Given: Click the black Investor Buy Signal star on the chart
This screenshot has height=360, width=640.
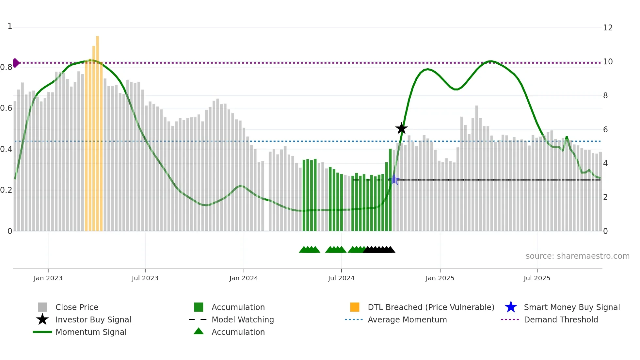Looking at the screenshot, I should click(x=401, y=128).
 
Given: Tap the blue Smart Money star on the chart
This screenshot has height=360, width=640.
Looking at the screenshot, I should click(x=394, y=180).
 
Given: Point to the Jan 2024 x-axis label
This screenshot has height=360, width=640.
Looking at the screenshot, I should click(x=244, y=278).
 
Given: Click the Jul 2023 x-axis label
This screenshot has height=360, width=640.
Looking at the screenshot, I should click(x=145, y=278).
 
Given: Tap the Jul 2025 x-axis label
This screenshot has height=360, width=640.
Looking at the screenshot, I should click(x=537, y=278).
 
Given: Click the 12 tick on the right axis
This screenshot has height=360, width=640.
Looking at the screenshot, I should click(x=608, y=28).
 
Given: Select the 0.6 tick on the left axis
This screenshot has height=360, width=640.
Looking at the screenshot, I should click(x=6, y=108).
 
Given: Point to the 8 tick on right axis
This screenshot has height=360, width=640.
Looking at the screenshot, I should click(x=605, y=96).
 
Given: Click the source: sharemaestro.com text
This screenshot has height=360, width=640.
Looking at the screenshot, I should click(x=577, y=256).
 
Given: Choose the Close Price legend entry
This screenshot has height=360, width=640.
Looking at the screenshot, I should click(x=77, y=307).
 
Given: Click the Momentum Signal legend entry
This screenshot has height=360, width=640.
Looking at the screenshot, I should click(x=91, y=332).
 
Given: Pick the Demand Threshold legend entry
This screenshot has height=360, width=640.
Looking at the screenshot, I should click(x=561, y=319).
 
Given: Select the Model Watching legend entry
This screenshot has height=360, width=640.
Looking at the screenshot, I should click(x=243, y=319).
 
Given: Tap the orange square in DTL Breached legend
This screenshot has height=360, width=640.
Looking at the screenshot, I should click(x=355, y=307).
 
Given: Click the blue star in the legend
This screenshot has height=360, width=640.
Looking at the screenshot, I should click(x=511, y=307).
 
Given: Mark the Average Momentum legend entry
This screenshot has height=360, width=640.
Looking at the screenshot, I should click(x=407, y=319).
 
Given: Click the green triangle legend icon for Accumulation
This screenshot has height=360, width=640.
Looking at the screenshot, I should click(x=199, y=332).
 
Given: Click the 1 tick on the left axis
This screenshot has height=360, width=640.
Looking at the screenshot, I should click(x=10, y=26).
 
